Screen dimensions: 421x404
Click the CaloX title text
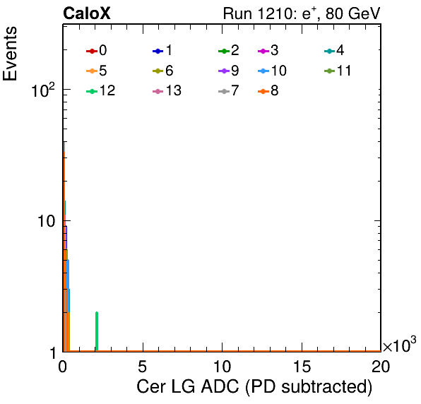(x=86, y=13)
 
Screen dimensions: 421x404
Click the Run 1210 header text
(x=302, y=13)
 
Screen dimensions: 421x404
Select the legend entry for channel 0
(x=97, y=50)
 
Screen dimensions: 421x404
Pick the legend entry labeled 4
(x=334, y=50)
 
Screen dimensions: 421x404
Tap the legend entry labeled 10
(x=272, y=71)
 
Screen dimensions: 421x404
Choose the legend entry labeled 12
(x=101, y=90)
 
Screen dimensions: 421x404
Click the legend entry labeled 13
(x=167, y=90)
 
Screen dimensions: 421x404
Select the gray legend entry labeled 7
(x=229, y=90)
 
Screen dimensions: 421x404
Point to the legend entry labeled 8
(x=268, y=90)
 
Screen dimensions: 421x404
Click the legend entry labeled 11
(x=338, y=71)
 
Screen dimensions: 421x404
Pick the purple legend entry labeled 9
(x=229, y=71)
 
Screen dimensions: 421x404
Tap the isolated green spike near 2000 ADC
(x=97, y=331)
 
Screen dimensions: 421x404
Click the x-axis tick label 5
(x=143, y=366)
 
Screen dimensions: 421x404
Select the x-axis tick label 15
(x=302, y=366)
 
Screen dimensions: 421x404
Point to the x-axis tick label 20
(x=381, y=366)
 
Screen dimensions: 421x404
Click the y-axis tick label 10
(x=46, y=221)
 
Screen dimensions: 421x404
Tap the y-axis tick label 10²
(x=43, y=90)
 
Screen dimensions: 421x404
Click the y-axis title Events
(x=10, y=54)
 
